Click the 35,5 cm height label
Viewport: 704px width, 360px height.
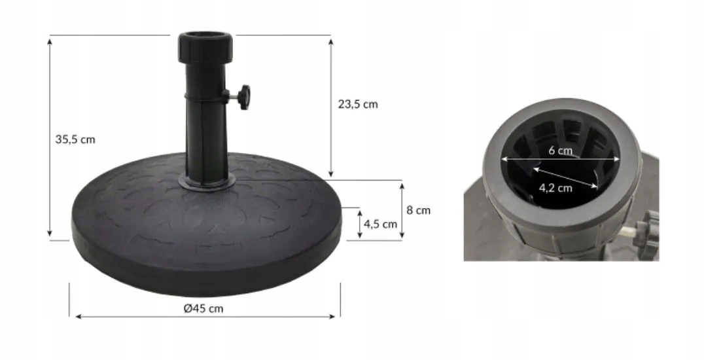click(75, 140)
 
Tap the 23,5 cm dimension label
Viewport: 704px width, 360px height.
click(358, 104)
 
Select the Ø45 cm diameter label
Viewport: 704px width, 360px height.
click(203, 309)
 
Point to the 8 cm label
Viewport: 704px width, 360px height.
click(419, 210)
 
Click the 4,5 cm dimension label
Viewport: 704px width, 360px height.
click(380, 224)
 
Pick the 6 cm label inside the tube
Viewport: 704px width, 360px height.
click(560, 151)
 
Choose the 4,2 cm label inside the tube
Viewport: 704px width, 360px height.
click(555, 188)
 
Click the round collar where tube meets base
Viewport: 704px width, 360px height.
click(207, 181)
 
